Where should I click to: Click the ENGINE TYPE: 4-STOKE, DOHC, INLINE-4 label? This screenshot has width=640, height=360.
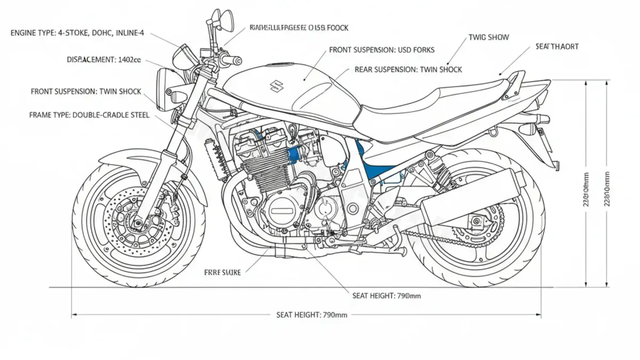tap(77, 33)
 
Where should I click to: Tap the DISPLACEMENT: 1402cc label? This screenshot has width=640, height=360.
tap(104, 60)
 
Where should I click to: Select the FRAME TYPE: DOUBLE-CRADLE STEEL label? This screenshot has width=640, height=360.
tap(89, 115)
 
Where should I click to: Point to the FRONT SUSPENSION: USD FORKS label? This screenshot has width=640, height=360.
tap(382, 50)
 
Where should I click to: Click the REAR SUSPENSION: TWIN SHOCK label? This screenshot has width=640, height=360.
tap(408, 69)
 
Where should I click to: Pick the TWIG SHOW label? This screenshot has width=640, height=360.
tap(489, 37)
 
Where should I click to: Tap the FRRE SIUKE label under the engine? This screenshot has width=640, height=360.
tap(222, 272)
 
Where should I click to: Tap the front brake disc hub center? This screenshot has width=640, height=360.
tap(138, 219)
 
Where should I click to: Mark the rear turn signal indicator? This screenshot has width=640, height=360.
tap(527, 129)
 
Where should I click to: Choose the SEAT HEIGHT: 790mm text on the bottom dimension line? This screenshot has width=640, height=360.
tap(311, 315)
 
